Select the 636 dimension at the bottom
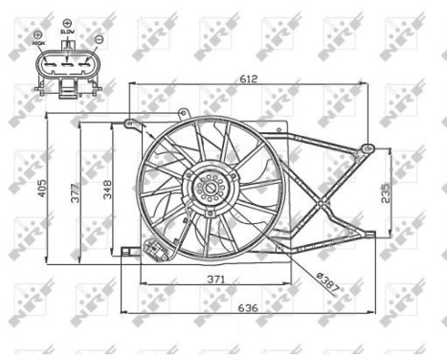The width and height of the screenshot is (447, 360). click(248, 308)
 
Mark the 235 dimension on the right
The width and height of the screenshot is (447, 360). click(385, 191)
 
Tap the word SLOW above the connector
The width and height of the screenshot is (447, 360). click(66, 31)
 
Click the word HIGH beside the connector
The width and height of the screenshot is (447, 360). click(38, 43)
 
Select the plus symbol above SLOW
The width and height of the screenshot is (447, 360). click(66, 20)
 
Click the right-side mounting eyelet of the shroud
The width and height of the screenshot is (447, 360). click(367, 148)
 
